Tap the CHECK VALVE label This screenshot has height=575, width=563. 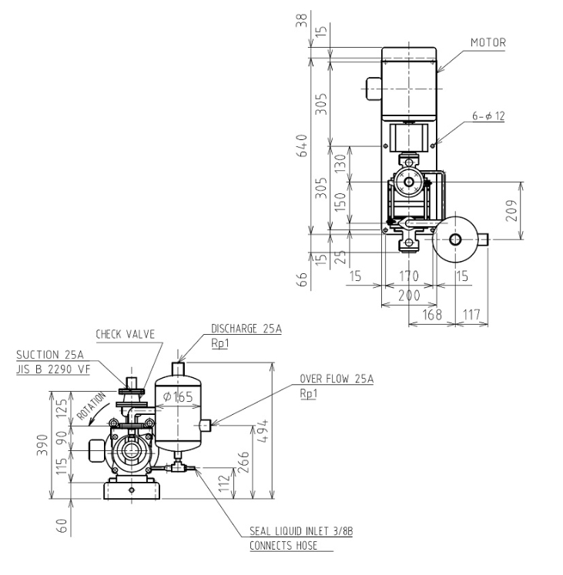(125, 334)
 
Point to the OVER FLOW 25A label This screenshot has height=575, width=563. (337, 379)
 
